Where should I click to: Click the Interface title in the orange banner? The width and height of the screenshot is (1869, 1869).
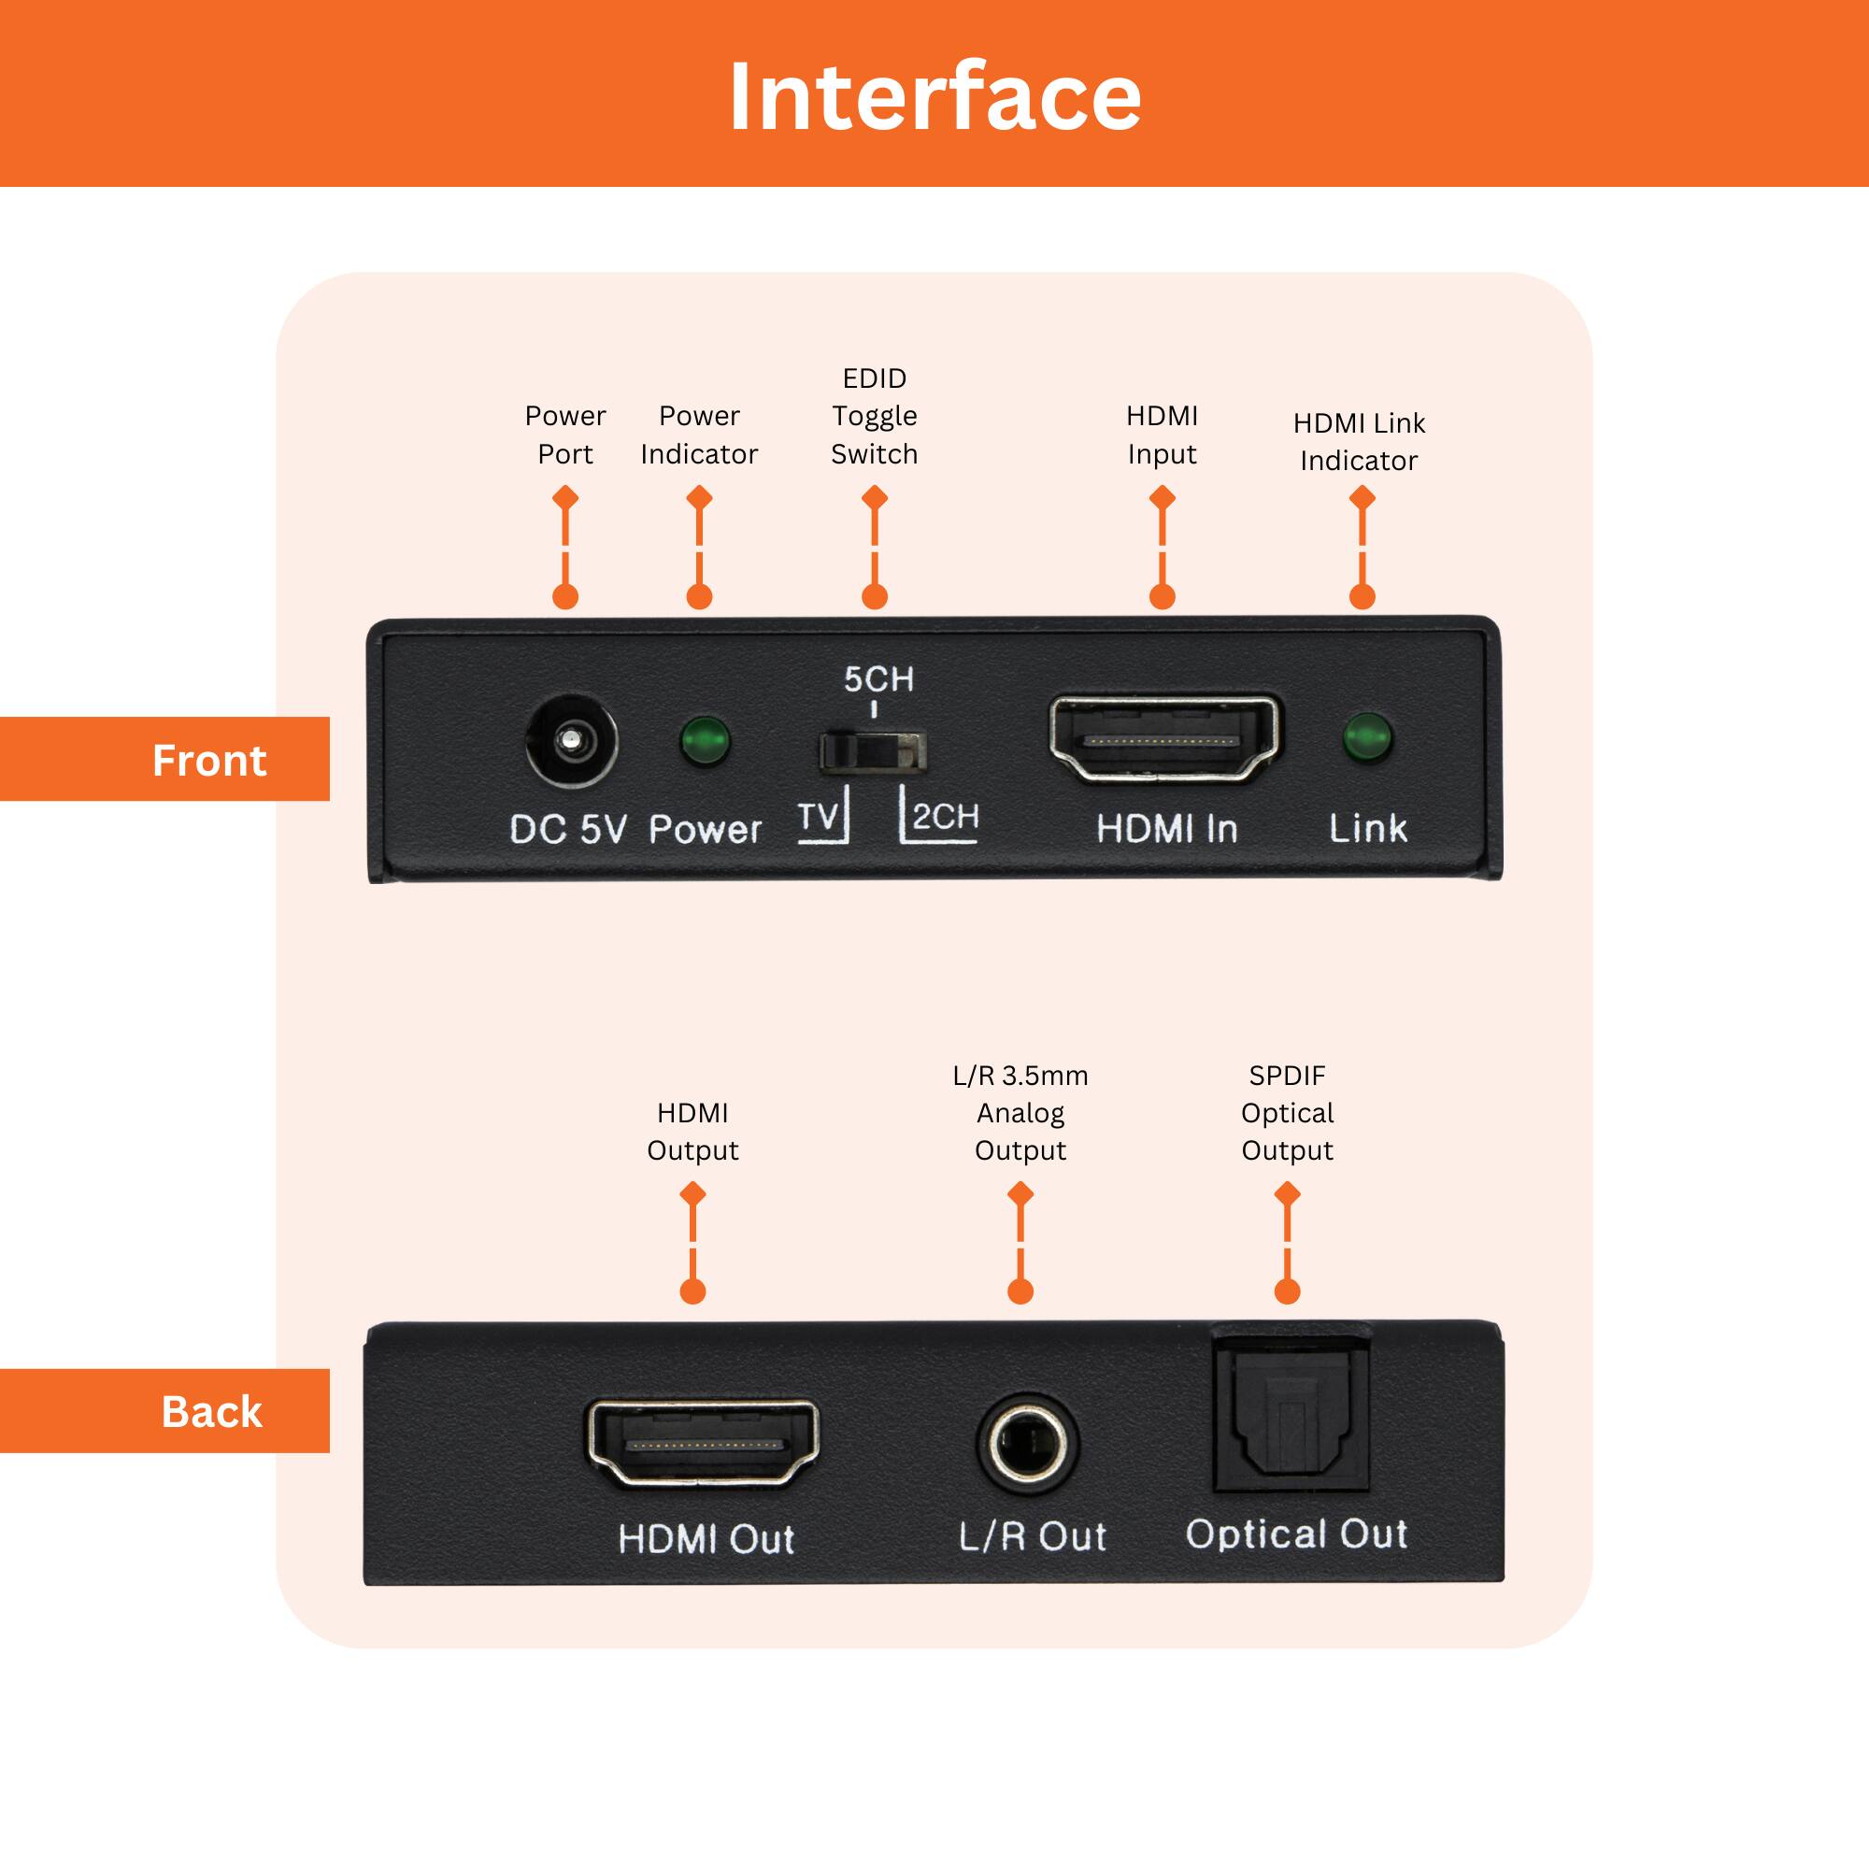click(x=934, y=97)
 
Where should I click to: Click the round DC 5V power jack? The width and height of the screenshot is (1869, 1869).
click(x=571, y=741)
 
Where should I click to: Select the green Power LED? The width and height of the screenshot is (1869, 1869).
click(x=706, y=741)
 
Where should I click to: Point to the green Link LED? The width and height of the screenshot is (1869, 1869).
click(x=1367, y=739)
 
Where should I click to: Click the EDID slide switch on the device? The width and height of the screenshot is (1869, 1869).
click(x=873, y=750)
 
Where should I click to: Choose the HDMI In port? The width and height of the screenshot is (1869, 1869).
click(x=1164, y=739)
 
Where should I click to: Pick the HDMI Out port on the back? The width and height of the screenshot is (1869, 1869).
click(x=703, y=1442)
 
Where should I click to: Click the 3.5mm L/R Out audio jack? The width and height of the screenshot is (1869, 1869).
click(x=1026, y=1445)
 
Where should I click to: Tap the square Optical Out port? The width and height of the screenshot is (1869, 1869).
click(x=1291, y=1419)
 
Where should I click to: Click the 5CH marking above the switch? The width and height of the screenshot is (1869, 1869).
click(x=878, y=679)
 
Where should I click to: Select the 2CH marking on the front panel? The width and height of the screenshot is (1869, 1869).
click(x=945, y=818)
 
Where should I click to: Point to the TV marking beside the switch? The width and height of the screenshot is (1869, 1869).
click(x=819, y=818)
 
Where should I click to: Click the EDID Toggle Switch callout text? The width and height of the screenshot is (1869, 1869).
click(x=875, y=416)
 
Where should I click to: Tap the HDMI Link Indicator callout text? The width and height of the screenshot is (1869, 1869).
click(x=1358, y=441)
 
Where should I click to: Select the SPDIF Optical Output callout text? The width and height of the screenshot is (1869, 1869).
click(x=1287, y=1112)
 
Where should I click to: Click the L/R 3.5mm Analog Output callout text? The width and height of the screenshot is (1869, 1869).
click(x=1020, y=1112)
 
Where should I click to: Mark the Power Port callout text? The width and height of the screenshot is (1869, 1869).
click(x=565, y=435)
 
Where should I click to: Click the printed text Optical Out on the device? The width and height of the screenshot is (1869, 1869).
click(x=1296, y=1534)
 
